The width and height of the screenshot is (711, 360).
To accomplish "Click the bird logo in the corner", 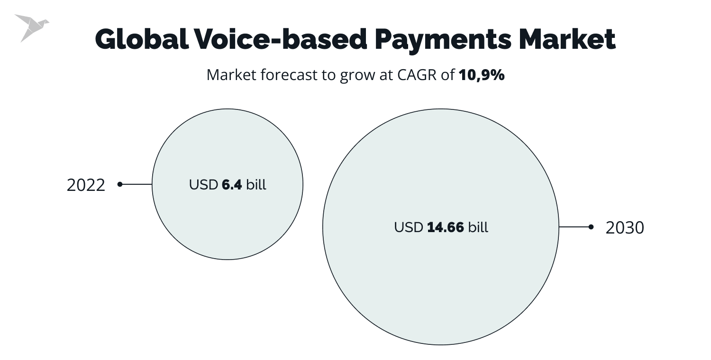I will (x=31, y=27).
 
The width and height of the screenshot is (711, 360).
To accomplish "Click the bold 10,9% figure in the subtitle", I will (x=482, y=75).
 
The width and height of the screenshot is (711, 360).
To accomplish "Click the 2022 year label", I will (x=86, y=185).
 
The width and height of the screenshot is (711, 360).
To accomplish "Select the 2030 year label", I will (x=625, y=228).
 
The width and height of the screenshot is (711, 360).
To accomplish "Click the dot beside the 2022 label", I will (x=120, y=184).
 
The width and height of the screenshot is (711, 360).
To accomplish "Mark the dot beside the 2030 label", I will (x=591, y=227).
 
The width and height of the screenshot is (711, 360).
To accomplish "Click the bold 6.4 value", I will (x=232, y=185).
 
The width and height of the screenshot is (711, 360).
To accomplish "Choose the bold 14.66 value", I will (x=446, y=227).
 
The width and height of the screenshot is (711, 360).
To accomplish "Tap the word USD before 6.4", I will (x=204, y=185).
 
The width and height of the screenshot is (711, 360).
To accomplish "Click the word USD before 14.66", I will (x=409, y=227).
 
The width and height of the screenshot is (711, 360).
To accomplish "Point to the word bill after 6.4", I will (x=256, y=185).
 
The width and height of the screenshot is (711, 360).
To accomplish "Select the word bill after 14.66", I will (x=478, y=227).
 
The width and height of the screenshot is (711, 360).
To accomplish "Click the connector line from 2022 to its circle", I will (x=137, y=184).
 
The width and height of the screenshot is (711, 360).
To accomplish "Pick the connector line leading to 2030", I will (x=574, y=227).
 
